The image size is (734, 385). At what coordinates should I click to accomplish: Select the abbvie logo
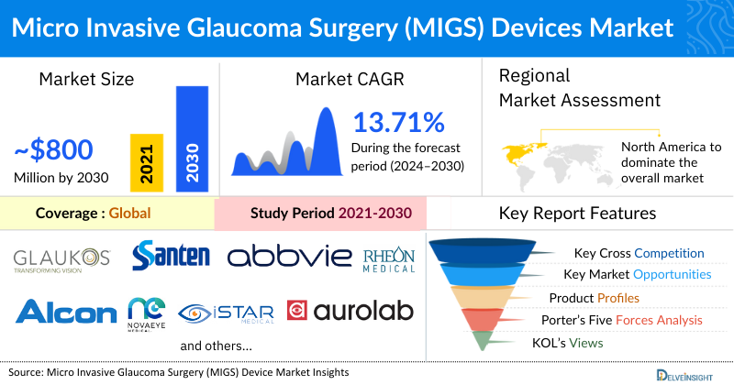(x=289, y=256)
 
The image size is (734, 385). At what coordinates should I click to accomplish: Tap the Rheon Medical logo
(x=389, y=256)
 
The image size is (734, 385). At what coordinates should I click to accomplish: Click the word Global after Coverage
(x=130, y=214)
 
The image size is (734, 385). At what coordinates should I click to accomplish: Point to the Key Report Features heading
(x=577, y=214)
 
